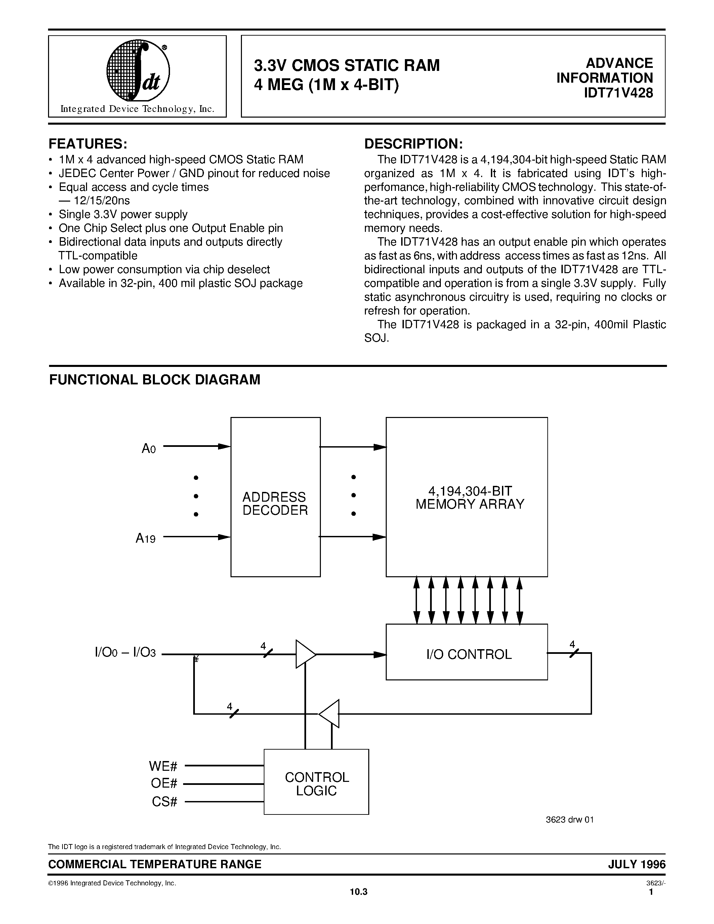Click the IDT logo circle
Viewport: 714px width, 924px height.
[137, 70]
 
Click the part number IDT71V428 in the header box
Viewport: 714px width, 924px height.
[618, 93]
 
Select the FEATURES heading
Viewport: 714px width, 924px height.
[88, 144]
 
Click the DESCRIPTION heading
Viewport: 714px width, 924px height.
[413, 144]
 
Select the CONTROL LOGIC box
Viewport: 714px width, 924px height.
[317, 784]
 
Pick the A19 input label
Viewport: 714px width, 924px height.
[145, 538]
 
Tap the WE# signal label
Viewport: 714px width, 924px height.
[163, 766]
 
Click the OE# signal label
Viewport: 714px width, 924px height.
[164, 784]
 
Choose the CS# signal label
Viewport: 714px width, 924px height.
[164, 801]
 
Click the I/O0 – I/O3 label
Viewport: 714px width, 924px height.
[125, 653]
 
